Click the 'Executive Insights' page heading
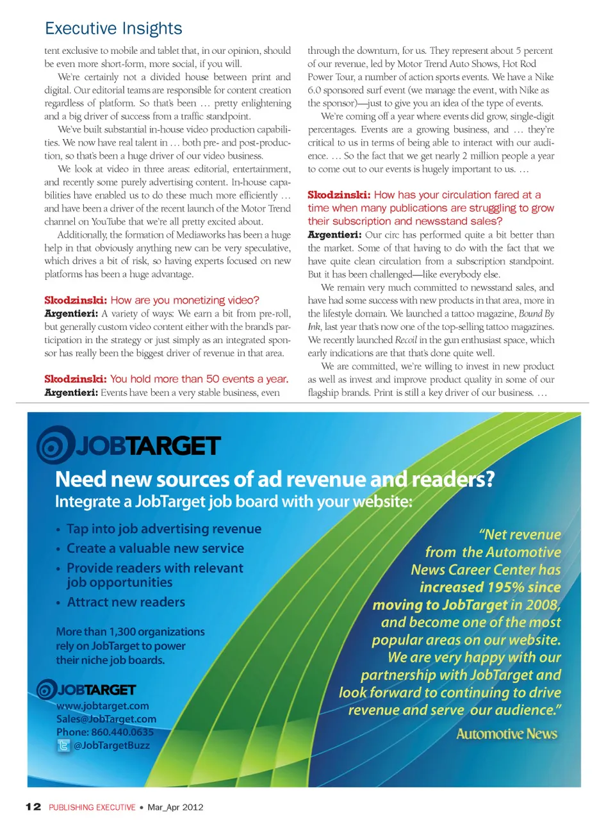click(113, 29)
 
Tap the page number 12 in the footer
click(33, 807)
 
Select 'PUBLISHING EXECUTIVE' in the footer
click(92, 807)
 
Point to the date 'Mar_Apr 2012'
click(176, 807)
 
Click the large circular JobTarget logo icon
click(56, 445)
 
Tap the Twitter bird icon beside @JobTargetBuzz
click(63, 745)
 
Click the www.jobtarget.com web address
click(102, 705)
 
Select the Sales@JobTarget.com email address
click(106, 719)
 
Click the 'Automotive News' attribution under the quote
click(506, 734)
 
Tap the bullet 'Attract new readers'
click(126, 602)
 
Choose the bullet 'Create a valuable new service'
click(155, 548)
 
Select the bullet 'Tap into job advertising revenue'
click(164, 529)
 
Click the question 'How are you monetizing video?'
click(184, 300)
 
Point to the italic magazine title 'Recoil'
click(406, 340)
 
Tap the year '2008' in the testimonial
click(541, 605)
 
